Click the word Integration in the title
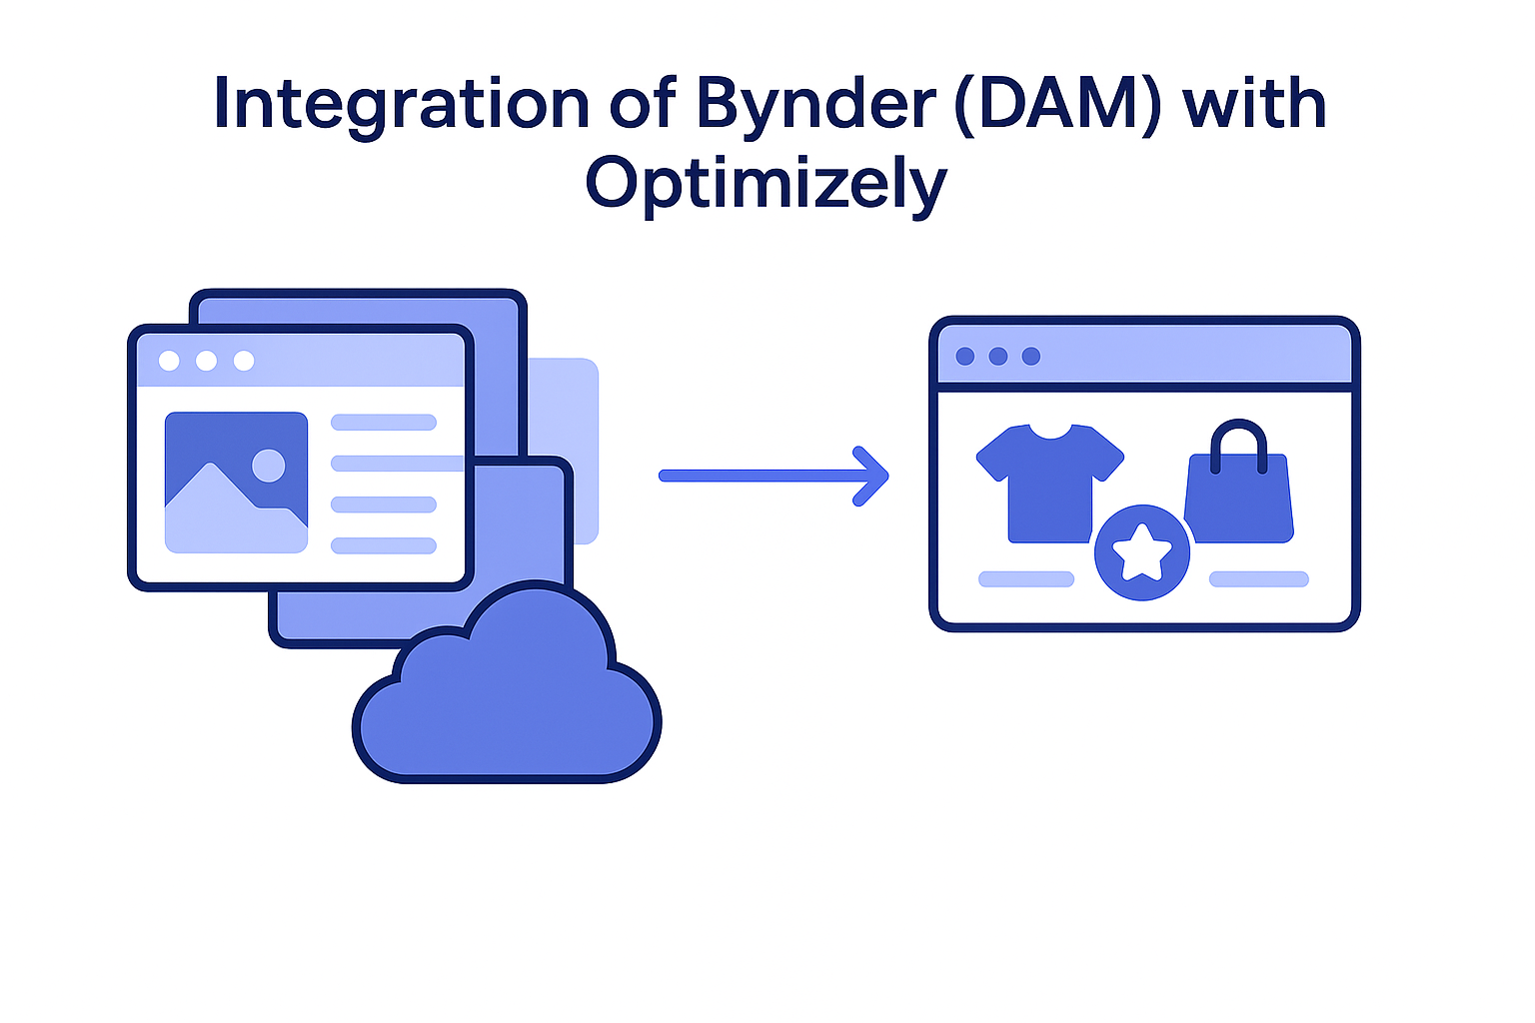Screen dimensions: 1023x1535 [401, 104]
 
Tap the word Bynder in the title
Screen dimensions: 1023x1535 [815, 104]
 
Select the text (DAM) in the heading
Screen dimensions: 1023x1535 [1057, 104]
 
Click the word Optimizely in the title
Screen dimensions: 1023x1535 [766, 184]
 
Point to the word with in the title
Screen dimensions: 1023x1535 [1254, 104]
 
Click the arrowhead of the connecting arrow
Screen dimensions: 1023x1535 [873, 476]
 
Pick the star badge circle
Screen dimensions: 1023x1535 [1142, 552]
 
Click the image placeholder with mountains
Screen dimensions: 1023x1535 [236, 482]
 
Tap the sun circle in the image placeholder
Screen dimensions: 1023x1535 [268, 465]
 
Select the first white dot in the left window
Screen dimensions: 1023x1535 [169, 361]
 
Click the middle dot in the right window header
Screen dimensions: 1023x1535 [998, 357]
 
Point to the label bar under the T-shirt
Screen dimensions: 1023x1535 [1026, 579]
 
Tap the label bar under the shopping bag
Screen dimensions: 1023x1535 [1259, 579]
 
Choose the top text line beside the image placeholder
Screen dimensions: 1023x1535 [384, 423]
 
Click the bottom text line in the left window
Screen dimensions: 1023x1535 [384, 545]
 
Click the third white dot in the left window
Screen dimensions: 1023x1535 [244, 361]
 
